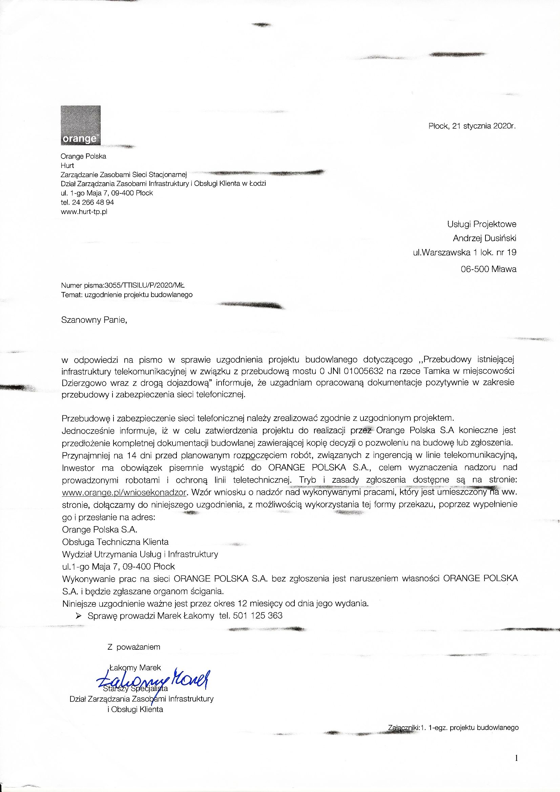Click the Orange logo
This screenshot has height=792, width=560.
[x=81, y=125]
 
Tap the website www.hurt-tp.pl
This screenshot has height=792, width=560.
[x=84, y=212]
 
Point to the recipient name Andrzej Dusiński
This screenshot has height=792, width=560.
[x=484, y=238]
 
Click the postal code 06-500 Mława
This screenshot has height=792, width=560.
[x=489, y=269]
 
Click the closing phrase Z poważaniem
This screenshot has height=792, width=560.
[x=134, y=647]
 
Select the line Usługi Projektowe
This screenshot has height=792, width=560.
[x=482, y=224]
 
